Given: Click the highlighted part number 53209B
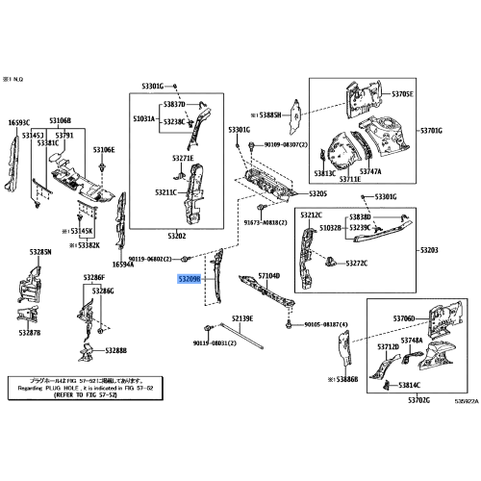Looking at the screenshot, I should pyautogui.click(x=189, y=279).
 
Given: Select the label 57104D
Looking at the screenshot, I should pyautogui.click(x=268, y=276).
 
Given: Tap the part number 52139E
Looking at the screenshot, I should pyautogui.click(x=240, y=317).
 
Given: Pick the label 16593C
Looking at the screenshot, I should pyautogui.click(x=20, y=123).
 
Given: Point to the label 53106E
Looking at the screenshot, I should pyautogui.click(x=104, y=150).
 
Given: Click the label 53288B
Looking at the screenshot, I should pyautogui.click(x=115, y=351).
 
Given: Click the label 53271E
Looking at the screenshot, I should pyautogui.click(x=182, y=158).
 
